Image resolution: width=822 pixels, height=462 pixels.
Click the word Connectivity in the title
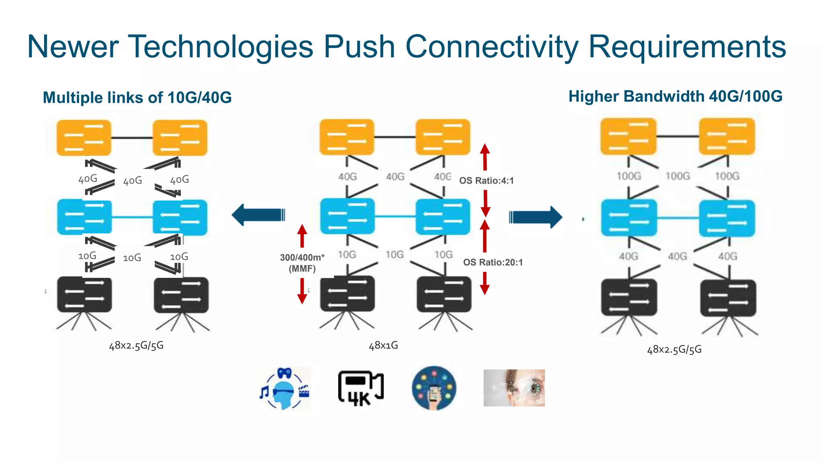491,47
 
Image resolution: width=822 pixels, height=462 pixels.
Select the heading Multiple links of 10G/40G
137,97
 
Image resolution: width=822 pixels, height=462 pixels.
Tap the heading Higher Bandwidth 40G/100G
676,97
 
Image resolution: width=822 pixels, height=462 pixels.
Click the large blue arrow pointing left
258,215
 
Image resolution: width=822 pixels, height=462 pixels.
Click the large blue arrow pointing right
536,217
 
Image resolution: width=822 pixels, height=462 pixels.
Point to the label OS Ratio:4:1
486,180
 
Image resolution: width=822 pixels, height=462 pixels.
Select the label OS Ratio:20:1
493,262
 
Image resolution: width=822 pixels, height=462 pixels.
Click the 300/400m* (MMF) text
302,263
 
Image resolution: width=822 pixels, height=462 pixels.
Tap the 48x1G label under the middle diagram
383,345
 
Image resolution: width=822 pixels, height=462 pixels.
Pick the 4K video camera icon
360,388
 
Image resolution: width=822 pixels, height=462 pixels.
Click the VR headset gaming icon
285,388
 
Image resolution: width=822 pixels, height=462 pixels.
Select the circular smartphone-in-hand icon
434,388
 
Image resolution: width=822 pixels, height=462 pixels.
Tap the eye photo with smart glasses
514,388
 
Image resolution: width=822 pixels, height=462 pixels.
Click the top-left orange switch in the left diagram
83,138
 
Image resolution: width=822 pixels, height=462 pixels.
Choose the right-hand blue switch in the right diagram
727,219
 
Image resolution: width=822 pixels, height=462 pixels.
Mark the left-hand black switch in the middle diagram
347,294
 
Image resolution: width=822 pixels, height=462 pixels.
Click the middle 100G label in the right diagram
678,176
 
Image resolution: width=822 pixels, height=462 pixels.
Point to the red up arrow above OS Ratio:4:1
485,157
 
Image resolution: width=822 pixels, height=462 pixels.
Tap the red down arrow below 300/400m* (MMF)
302,291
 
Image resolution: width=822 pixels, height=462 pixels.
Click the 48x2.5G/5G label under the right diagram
674,349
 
